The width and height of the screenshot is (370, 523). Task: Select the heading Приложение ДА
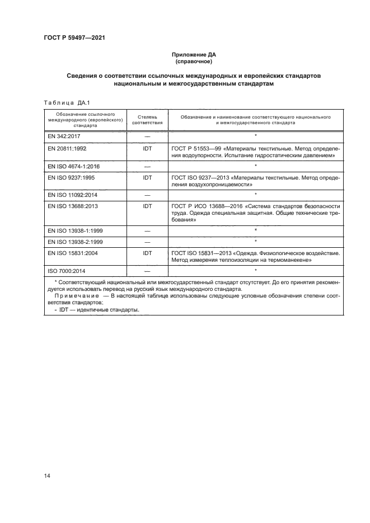coord(192,55)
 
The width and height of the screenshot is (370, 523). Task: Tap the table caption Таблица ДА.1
coord(63,102)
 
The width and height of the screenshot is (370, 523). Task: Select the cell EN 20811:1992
coord(66,149)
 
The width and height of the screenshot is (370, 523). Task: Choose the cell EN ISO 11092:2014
coord(72,194)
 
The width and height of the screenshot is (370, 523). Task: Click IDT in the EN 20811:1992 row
coord(148,149)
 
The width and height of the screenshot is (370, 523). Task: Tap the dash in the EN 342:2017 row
coord(148,136)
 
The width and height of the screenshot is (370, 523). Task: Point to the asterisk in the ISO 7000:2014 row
coord(255,270)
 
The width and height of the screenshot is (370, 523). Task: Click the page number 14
coord(47,475)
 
